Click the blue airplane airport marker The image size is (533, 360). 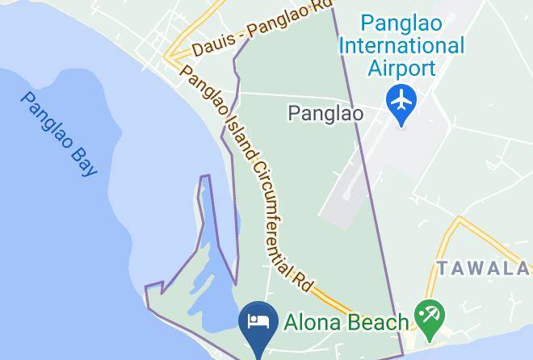coord(401,101)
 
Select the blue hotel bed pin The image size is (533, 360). coord(258,322)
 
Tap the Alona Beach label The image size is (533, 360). coord(346,323)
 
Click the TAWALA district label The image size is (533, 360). coord(484,268)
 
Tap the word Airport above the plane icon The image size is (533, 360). coord(401,67)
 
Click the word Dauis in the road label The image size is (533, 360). coord(208,44)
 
